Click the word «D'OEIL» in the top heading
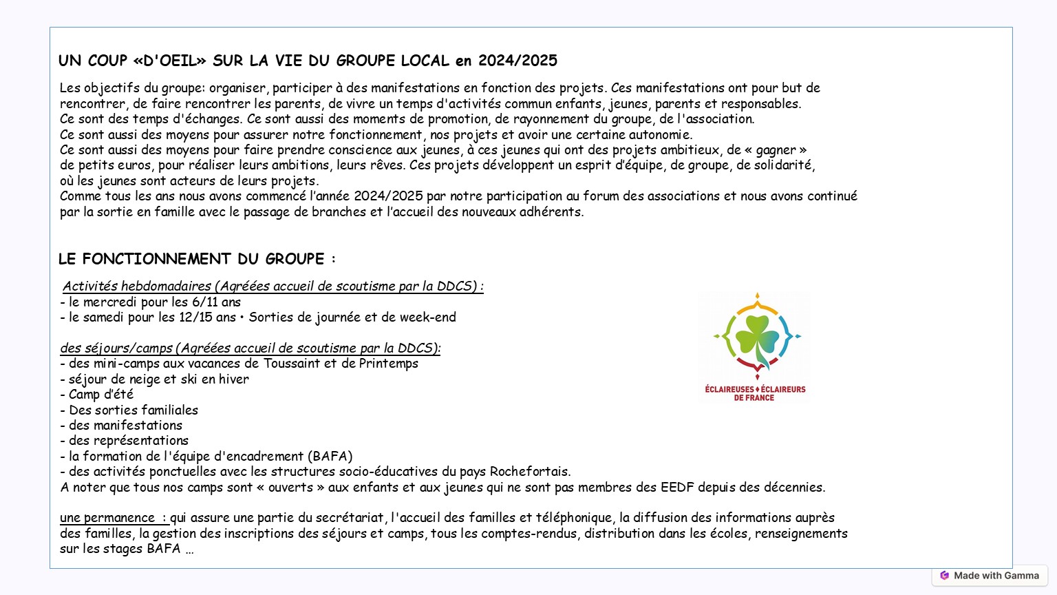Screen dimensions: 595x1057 [x=169, y=61]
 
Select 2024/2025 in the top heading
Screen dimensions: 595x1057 [x=517, y=61]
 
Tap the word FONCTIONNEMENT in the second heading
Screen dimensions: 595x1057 [x=157, y=259]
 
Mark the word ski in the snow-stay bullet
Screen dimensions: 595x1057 [x=189, y=379]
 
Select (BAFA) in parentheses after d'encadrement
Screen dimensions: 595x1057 [x=330, y=457]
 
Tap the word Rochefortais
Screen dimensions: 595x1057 [x=529, y=472]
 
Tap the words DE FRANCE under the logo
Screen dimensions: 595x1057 [x=754, y=398]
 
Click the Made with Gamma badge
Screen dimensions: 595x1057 [x=990, y=576]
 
